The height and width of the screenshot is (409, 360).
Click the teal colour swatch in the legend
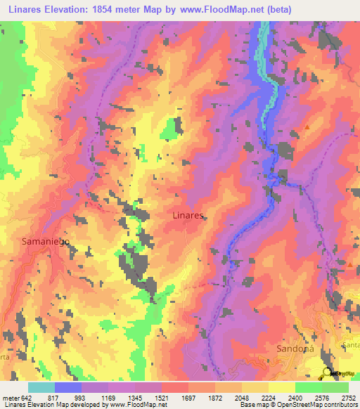coord(41,387)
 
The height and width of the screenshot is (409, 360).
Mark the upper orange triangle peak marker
coord(307,126)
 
